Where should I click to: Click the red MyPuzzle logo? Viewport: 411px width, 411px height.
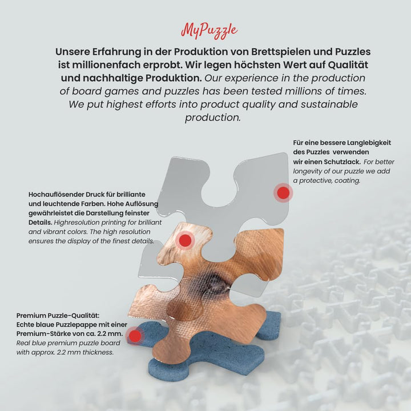click(x=209, y=31)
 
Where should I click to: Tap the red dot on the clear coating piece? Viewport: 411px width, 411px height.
click(x=283, y=193)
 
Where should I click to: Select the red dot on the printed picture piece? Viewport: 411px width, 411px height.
click(x=185, y=240)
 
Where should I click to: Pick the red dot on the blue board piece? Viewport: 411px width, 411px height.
click(x=135, y=336)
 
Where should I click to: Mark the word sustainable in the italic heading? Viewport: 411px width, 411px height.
click(x=329, y=104)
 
